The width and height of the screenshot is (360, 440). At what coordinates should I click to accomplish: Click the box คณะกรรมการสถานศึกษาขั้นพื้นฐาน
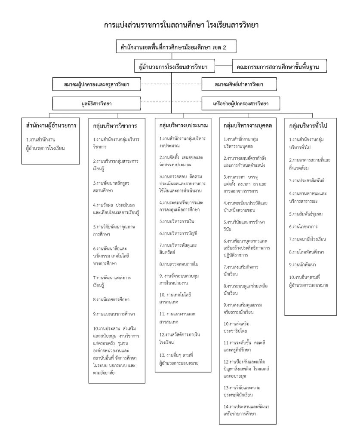[x=278, y=67]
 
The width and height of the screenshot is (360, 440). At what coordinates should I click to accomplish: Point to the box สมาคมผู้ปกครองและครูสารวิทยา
[x=97, y=85]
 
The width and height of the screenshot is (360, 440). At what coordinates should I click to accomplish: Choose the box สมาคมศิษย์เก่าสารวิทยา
[x=239, y=85]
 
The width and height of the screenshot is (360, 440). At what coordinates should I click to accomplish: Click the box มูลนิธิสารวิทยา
[x=97, y=104]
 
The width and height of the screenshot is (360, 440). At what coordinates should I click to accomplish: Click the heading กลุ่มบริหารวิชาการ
[x=115, y=126]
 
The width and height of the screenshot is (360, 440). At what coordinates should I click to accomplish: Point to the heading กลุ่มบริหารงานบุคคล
[x=248, y=126]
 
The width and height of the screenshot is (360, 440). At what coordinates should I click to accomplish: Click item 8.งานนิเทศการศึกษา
[x=111, y=299]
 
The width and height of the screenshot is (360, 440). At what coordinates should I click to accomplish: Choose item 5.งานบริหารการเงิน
[x=178, y=221]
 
